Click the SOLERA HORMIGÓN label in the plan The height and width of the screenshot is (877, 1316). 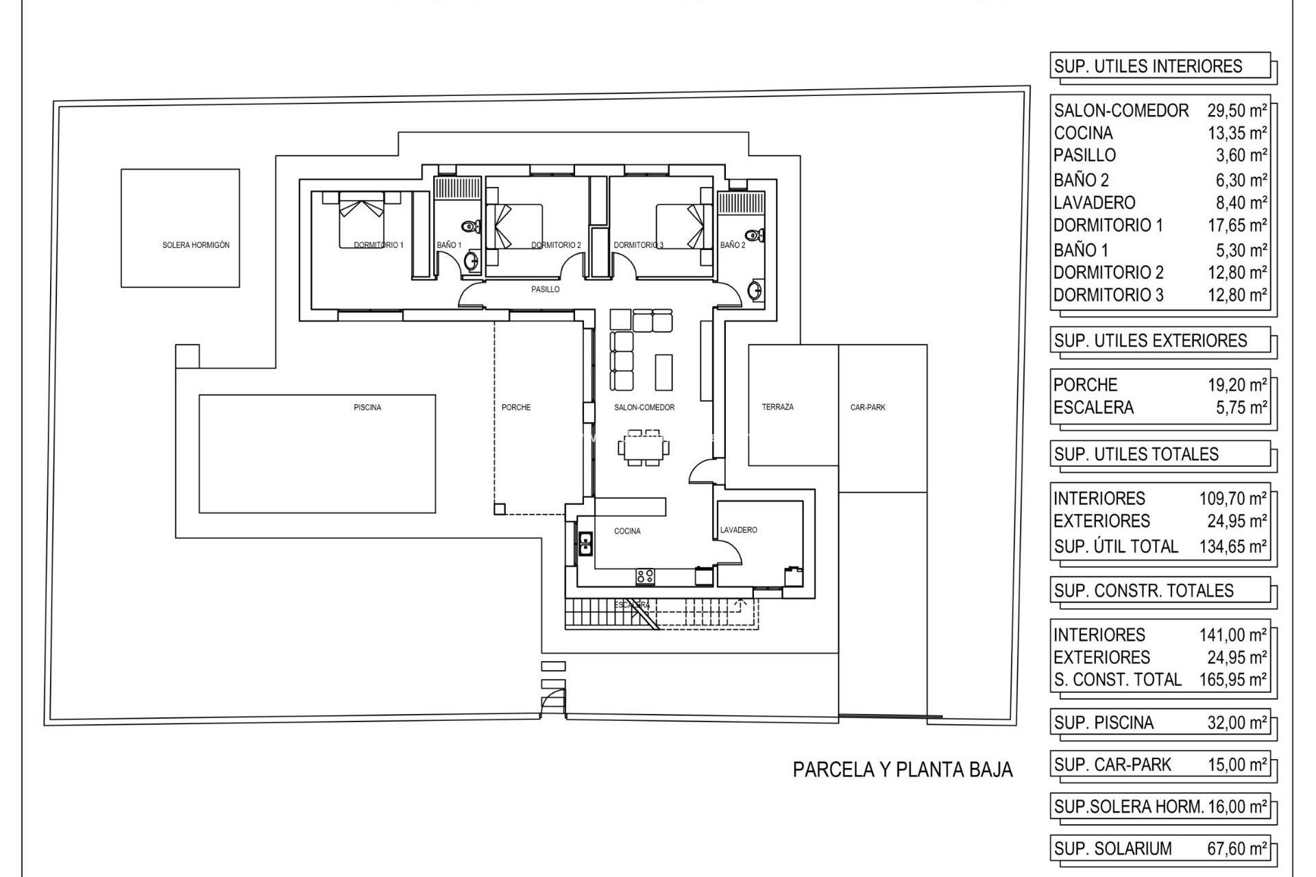click(196, 245)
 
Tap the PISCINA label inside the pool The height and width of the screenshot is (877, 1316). click(367, 408)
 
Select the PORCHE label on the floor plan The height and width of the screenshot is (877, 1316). click(516, 408)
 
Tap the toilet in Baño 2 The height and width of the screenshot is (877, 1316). click(754, 236)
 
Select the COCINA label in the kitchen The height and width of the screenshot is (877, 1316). click(627, 531)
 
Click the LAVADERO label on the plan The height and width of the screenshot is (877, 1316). click(738, 530)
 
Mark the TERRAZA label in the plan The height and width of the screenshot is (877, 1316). click(777, 407)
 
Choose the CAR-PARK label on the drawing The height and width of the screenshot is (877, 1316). click(868, 407)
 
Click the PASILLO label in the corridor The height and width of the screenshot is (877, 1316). click(546, 289)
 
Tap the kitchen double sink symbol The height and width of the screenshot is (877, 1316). click(585, 543)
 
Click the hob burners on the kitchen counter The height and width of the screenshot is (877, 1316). click(644, 577)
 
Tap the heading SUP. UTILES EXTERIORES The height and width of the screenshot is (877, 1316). click(1150, 341)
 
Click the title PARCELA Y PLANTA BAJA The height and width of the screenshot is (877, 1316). click(902, 769)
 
